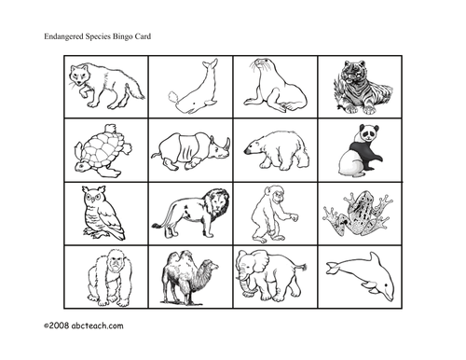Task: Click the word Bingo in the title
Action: pyautogui.click(x=123, y=36)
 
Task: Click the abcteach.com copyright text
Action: pyautogui.click(x=84, y=325)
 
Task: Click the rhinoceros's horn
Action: pyautogui.click(x=228, y=144)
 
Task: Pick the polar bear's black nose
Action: pyautogui.click(x=246, y=151)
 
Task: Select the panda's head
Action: pyautogui.click(x=369, y=132)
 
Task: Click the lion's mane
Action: pyautogui.click(x=217, y=203)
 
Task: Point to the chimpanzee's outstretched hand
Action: pyautogui.click(x=294, y=216)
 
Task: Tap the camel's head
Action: pyautogui.click(x=212, y=266)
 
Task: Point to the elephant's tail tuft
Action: pyautogui.click(x=303, y=267)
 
